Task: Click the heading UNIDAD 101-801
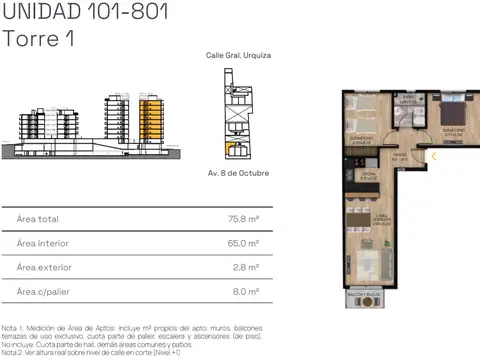click(x=85, y=13)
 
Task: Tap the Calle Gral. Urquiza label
click(x=238, y=58)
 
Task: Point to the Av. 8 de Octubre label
click(x=238, y=173)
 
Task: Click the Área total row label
click(x=38, y=218)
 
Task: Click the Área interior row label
click(x=42, y=243)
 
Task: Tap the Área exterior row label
click(x=43, y=267)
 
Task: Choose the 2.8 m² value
click(x=247, y=267)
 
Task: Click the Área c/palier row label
click(x=42, y=292)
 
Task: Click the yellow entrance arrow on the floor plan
click(x=434, y=155)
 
